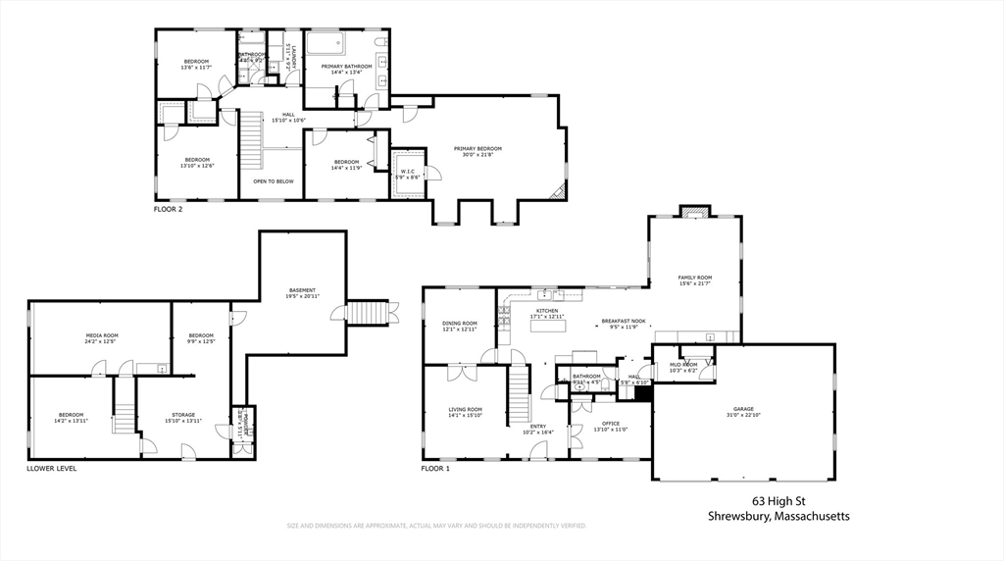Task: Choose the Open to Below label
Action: point(273,181)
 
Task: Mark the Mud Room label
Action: point(681,368)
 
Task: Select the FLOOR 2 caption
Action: point(168,209)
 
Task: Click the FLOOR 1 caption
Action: point(435,469)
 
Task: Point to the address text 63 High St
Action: point(779,499)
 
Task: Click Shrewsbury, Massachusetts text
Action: point(779,516)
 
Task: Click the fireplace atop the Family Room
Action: point(693,211)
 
